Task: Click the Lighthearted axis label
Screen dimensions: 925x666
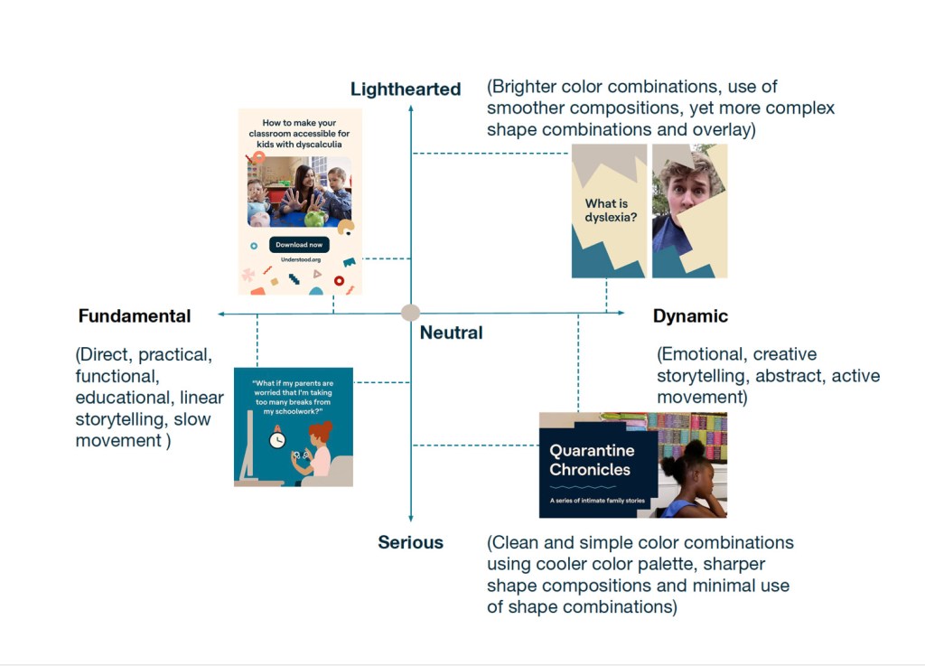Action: tap(406, 89)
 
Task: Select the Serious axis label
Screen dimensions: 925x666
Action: tap(411, 542)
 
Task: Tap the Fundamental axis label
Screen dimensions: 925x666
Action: tap(135, 316)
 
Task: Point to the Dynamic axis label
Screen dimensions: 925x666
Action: tap(690, 316)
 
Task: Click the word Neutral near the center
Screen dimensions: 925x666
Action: tap(452, 333)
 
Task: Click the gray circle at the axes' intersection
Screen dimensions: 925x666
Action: tap(411, 313)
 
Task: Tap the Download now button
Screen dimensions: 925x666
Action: tap(299, 245)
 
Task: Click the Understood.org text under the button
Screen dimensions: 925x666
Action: tap(301, 259)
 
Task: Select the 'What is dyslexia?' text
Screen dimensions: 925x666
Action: tap(611, 210)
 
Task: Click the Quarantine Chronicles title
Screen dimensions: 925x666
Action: tap(592, 460)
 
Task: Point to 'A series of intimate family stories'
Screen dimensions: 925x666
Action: tap(597, 501)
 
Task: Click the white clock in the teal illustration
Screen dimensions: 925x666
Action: tap(277, 439)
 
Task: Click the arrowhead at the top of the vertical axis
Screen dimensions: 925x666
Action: tap(411, 108)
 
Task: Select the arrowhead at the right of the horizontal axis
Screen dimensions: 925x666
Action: tap(621, 313)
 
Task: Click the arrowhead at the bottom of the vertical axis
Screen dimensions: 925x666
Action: tap(411, 518)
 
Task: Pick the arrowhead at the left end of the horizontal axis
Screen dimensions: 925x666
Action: tap(221, 314)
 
